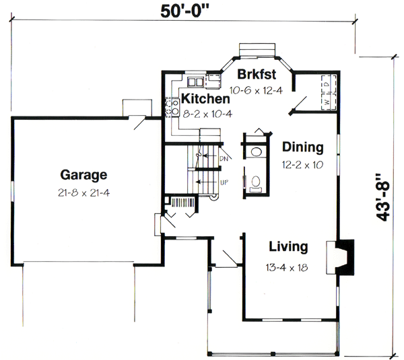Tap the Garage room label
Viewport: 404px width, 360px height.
83,176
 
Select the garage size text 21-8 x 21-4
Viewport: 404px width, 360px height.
83,192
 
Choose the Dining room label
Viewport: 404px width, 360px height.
302,147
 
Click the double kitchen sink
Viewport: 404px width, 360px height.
196,82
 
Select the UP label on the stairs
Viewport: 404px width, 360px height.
224,182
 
